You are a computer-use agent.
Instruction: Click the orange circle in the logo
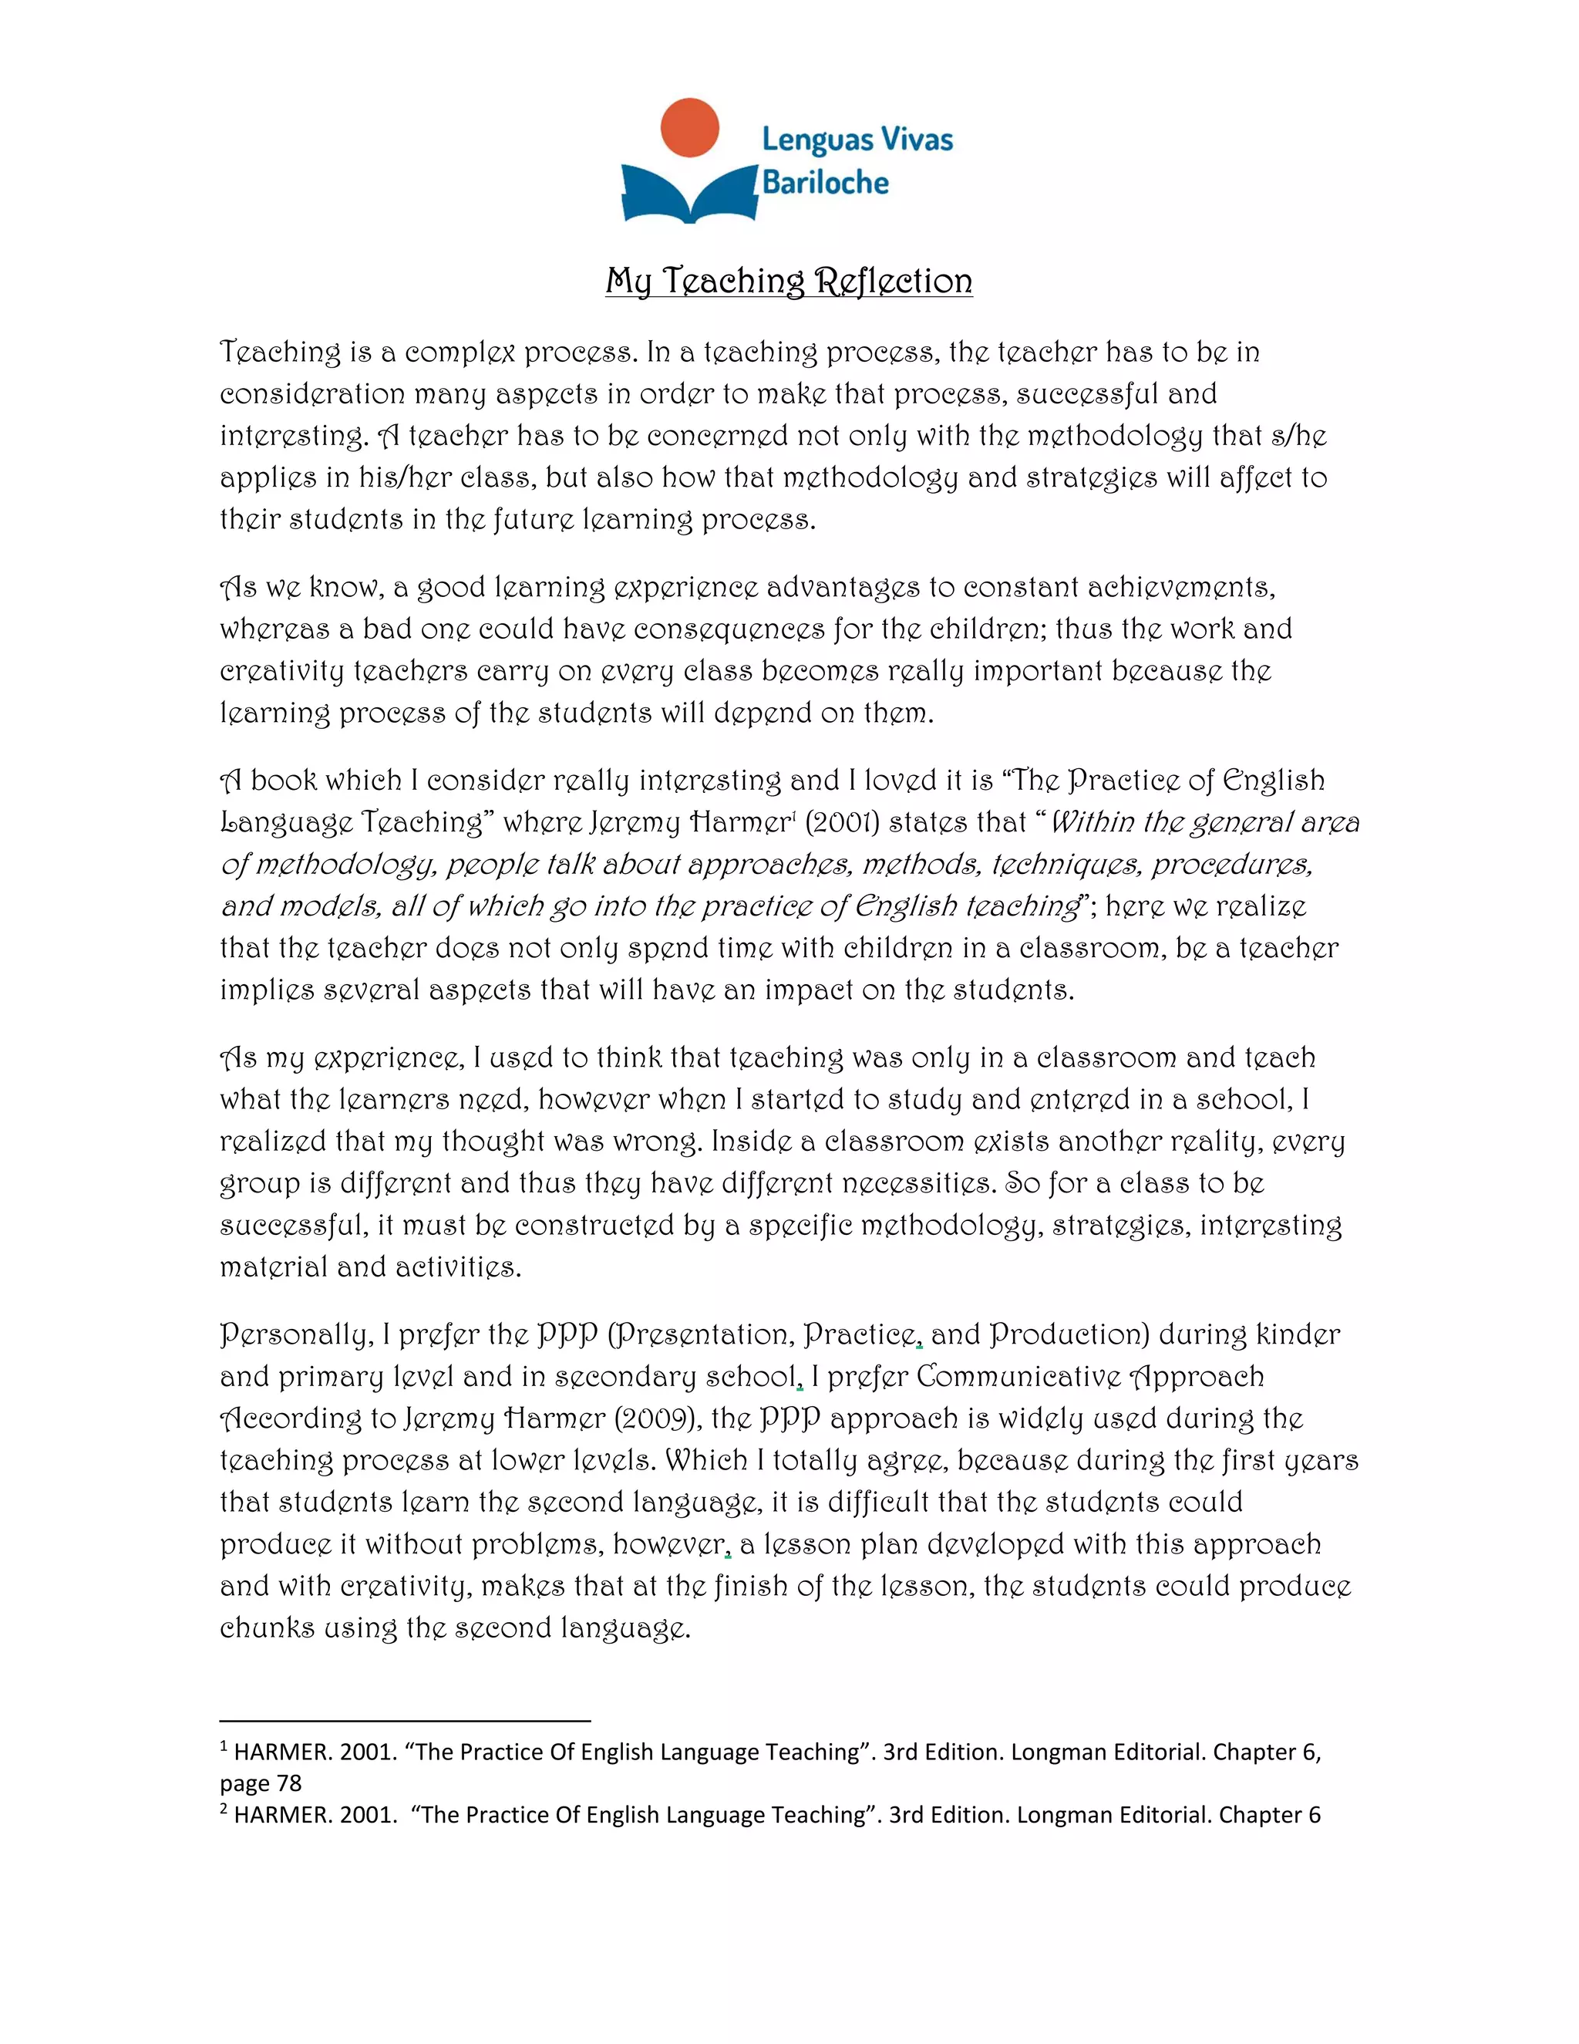tap(689, 127)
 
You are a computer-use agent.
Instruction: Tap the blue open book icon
tap(688, 194)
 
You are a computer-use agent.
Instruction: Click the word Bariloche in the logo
tap(825, 183)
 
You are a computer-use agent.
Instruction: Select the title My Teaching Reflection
tap(789, 280)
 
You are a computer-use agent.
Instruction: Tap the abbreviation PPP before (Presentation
tap(567, 1334)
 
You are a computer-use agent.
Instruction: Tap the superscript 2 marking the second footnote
tap(224, 1809)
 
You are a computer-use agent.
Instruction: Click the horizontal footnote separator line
tap(405, 1720)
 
